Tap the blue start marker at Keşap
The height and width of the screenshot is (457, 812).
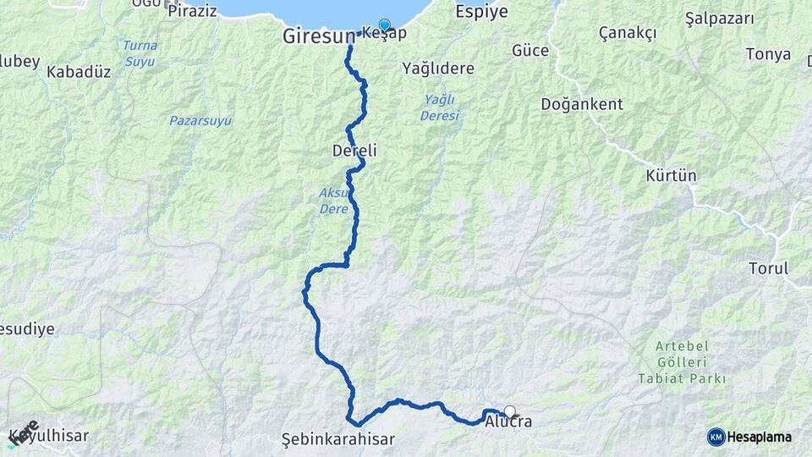pyautogui.click(x=385, y=25)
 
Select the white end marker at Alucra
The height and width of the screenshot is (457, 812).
pyautogui.click(x=509, y=411)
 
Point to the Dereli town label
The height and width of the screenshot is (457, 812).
pyautogui.click(x=355, y=151)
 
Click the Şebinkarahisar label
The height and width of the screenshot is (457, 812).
pyautogui.click(x=338, y=440)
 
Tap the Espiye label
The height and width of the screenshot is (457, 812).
pyautogui.click(x=481, y=12)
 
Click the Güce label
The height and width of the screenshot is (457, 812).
pyautogui.click(x=530, y=51)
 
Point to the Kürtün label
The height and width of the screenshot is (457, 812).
pyautogui.click(x=671, y=176)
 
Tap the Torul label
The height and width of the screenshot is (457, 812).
pyautogui.click(x=768, y=268)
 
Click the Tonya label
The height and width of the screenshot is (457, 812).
pyautogui.click(x=768, y=54)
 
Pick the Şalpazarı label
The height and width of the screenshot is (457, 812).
pyautogui.click(x=719, y=17)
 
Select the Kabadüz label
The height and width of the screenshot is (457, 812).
pyautogui.click(x=79, y=72)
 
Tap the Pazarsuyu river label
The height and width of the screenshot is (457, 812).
pyautogui.click(x=200, y=121)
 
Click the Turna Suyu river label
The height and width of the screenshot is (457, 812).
pyautogui.click(x=140, y=52)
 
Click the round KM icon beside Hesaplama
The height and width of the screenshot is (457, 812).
pyautogui.click(x=716, y=437)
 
